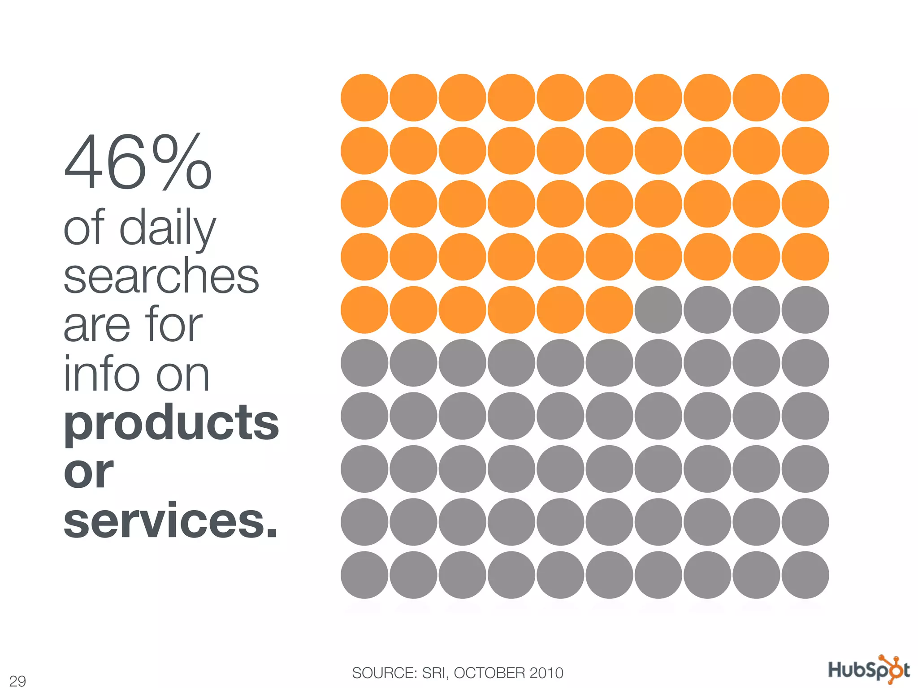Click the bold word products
[x=171, y=422]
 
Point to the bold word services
[x=170, y=521]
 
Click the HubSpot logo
[x=868, y=670]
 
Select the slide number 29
[x=17, y=681]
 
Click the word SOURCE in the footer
[x=385, y=673]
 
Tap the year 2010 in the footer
[x=546, y=673]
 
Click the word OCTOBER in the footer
[x=489, y=673]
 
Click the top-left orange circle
[x=364, y=98]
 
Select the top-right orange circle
[x=805, y=98]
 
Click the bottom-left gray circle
[x=364, y=575]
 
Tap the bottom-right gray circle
[x=805, y=575]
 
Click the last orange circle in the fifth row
[x=609, y=310]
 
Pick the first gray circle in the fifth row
[x=658, y=310]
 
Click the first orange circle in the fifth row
[x=364, y=310]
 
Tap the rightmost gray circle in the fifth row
[x=805, y=310]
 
